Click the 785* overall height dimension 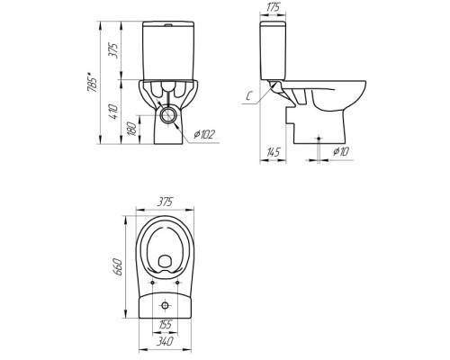pos(92,82)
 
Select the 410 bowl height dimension pos(113,112)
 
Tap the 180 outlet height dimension pos(132,129)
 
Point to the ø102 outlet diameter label pos(204,134)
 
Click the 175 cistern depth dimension pos(273,7)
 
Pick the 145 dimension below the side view pos(273,152)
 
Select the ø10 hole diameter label pos(341,152)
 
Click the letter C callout pos(248,96)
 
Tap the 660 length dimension pos(117,266)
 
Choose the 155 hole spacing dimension pos(165,324)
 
